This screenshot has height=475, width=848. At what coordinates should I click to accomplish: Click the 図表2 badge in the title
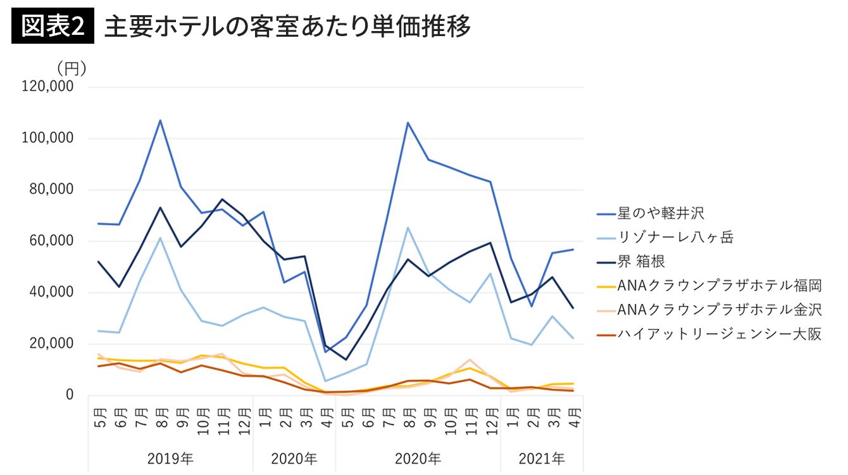[x=53, y=27]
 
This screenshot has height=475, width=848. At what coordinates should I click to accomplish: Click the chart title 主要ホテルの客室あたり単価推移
[x=287, y=27]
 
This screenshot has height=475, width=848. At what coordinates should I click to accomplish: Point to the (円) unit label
[x=71, y=68]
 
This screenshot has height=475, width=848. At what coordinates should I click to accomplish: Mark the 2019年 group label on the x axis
[x=171, y=458]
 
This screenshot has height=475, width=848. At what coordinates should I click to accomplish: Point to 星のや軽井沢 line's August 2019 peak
[x=160, y=120]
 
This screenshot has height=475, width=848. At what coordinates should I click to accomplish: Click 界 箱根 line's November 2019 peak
[x=222, y=199]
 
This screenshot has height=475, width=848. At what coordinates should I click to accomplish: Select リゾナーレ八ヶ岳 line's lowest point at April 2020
[x=326, y=381]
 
